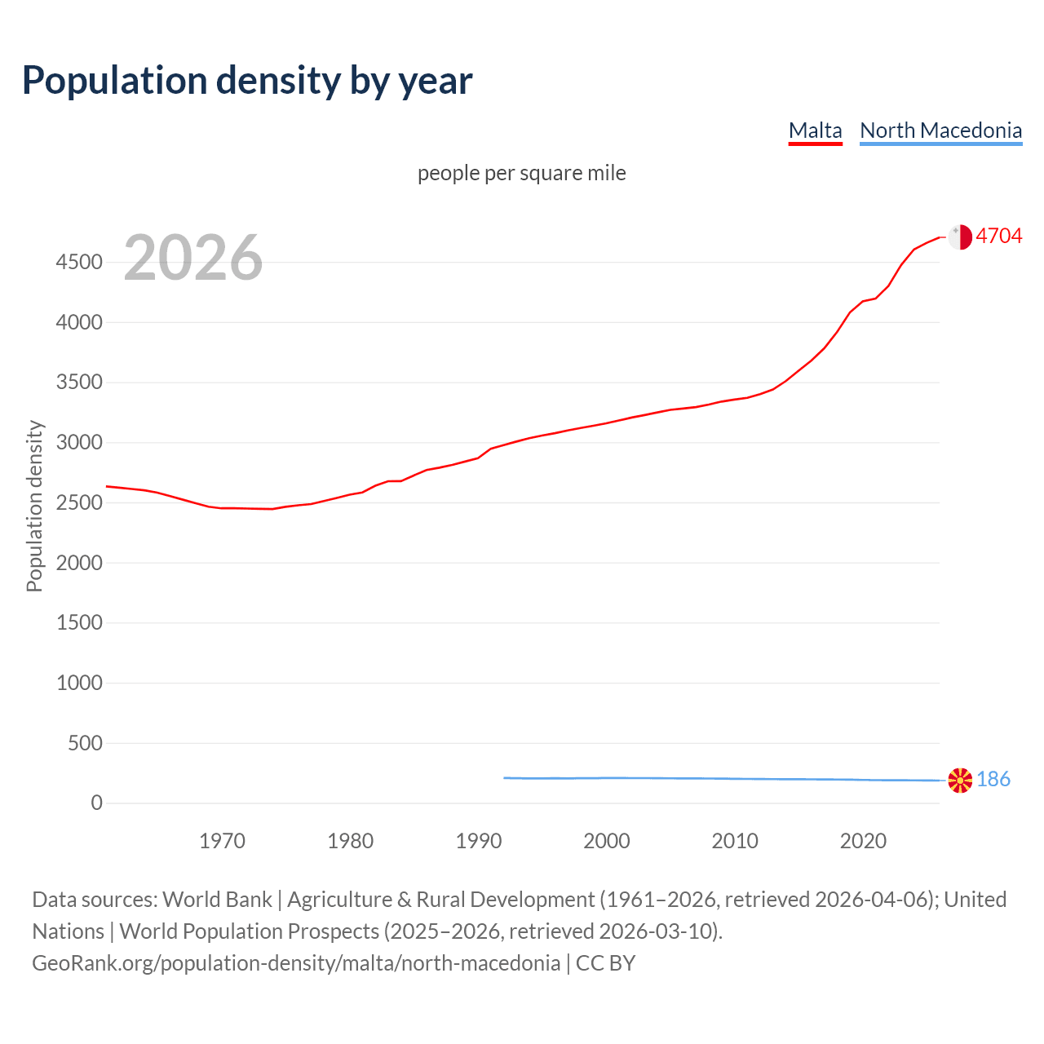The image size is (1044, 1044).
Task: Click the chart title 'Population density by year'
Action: click(247, 80)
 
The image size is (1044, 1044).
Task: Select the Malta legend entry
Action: click(815, 130)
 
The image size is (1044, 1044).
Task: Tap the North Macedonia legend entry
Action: click(940, 130)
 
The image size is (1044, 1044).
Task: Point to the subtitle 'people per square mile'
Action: click(521, 173)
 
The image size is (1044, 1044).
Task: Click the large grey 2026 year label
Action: click(193, 258)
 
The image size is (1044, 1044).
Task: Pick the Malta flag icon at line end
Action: click(960, 237)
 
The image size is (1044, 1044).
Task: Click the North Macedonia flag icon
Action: click(960, 780)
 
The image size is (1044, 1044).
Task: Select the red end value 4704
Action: click(998, 236)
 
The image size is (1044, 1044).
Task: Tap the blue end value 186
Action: click(993, 779)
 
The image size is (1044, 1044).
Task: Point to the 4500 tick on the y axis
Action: click(79, 262)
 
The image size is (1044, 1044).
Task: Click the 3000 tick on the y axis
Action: click(79, 442)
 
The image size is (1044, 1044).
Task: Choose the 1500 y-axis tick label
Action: click(79, 622)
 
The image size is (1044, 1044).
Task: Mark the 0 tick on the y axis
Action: click(97, 803)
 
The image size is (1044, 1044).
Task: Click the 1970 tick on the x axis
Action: click(222, 841)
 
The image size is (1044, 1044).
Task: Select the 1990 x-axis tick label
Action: click(479, 841)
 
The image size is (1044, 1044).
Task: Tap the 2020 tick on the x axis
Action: click(863, 841)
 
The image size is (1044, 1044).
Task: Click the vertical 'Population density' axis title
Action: click(34, 506)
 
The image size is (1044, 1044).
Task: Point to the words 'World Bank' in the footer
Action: click(217, 900)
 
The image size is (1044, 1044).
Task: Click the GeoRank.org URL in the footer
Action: click(296, 963)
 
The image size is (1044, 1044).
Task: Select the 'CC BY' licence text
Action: click(605, 963)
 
